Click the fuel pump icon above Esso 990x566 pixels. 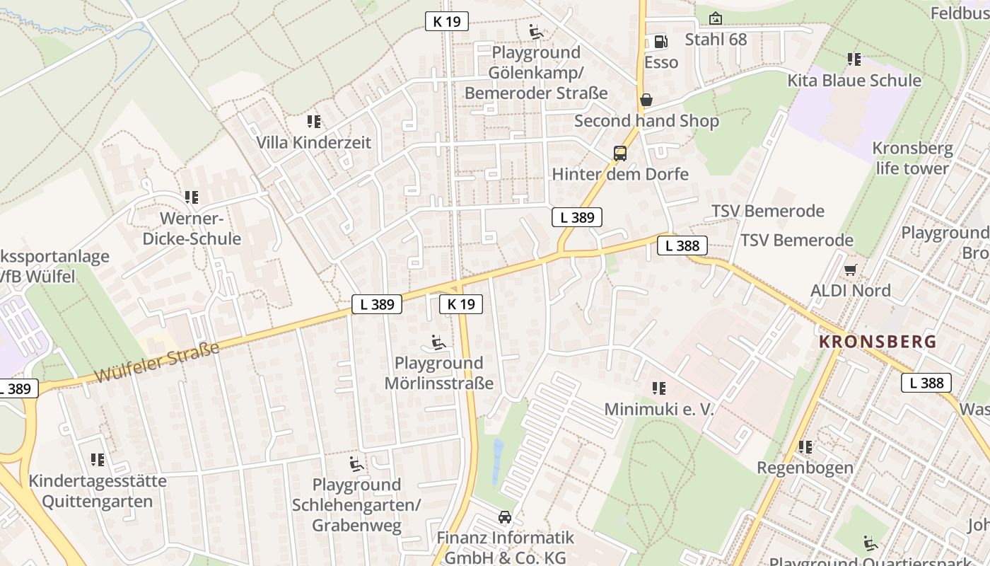(x=660, y=42)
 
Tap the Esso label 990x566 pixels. (x=661, y=62)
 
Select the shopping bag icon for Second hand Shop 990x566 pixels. (x=646, y=100)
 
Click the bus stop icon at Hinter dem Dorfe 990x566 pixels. (x=619, y=154)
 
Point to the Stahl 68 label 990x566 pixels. (x=716, y=39)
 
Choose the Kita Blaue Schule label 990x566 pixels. (x=854, y=80)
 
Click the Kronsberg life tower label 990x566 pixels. (x=912, y=158)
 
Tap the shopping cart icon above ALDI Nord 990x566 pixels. (x=850, y=270)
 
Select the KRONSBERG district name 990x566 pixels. (x=877, y=342)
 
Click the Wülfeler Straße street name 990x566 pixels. (x=156, y=362)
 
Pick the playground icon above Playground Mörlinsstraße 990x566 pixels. (x=438, y=343)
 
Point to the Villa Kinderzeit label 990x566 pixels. (x=313, y=142)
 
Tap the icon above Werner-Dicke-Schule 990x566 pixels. (x=191, y=197)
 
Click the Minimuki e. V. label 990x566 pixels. (x=659, y=409)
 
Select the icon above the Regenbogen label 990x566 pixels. (x=805, y=447)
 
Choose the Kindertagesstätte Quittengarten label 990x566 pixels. (x=98, y=491)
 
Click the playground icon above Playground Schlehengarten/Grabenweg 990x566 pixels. (x=356, y=464)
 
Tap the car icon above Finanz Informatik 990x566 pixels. (x=504, y=517)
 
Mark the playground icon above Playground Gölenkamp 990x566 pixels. (x=536, y=32)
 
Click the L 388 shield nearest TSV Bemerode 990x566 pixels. (x=682, y=246)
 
